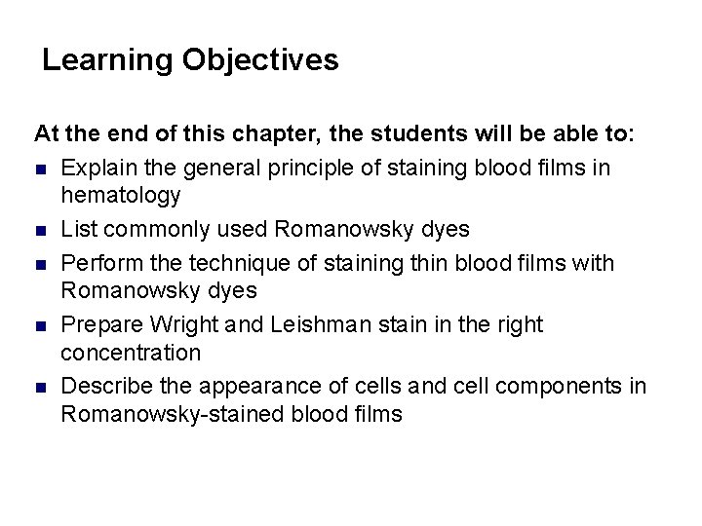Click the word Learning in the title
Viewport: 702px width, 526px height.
tap(107, 61)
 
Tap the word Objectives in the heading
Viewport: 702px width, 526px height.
tap(260, 61)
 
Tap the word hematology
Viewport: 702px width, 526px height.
tap(121, 195)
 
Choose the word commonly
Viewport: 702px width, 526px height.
tap(141, 230)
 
